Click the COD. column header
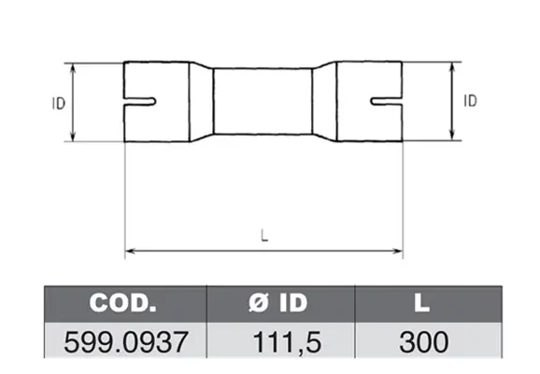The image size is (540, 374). tap(122, 303)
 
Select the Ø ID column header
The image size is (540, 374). tap(277, 303)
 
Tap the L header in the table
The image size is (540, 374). tap(422, 303)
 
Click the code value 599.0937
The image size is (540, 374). tap(126, 342)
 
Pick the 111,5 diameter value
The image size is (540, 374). tap(287, 342)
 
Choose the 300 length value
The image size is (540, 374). tap(424, 342)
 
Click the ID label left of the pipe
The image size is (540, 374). tap(59, 104)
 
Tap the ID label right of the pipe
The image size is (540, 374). tap(471, 101)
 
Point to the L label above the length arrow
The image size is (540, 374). tap(264, 236)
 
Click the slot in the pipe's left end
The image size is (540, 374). tap(140, 102)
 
